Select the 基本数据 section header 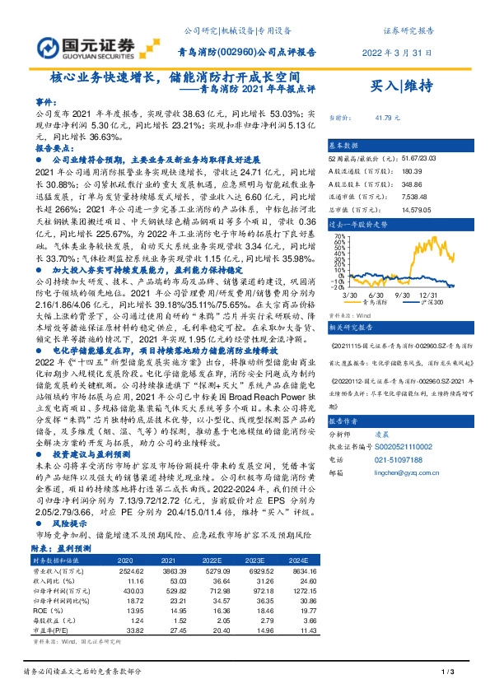pos(344,143)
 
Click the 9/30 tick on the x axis pos(402,272)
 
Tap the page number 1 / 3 pos(449,673)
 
